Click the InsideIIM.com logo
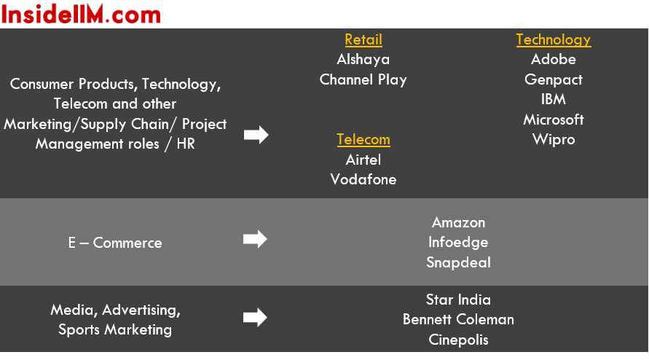81,14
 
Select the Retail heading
363,40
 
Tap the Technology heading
554,40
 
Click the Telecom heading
363,140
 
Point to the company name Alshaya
363,60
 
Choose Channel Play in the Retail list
363,79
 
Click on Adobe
554,59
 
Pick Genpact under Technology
554,79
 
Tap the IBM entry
553,99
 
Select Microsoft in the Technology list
554,120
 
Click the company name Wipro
554,140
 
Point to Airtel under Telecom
363,160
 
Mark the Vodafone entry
363,179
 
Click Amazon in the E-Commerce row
458,222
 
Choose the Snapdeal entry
458,262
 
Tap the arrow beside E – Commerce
255,239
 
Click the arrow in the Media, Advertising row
255,317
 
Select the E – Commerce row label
115,243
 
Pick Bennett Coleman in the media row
458,319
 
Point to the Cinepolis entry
458,340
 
